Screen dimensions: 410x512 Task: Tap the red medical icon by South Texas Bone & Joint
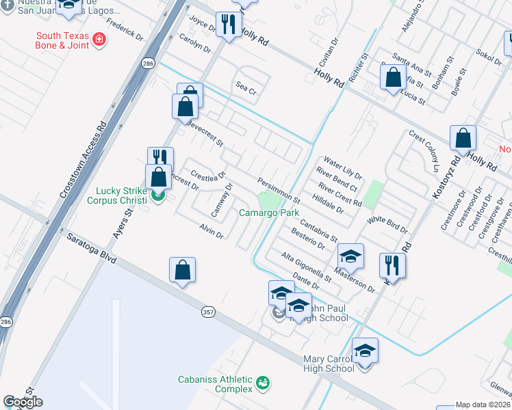point(100,40)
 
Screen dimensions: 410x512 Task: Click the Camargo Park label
point(269,213)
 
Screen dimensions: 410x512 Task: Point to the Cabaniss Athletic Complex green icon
point(262,383)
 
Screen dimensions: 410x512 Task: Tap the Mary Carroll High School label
point(329,364)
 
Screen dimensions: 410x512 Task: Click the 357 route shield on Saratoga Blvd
point(208,312)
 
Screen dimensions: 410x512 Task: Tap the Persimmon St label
point(279,191)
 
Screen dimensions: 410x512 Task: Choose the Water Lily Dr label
point(342,167)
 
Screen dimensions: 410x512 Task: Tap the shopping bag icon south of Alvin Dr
point(183,270)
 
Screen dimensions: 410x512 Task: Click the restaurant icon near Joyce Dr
point(229,25)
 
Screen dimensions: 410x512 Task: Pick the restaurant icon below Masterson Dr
point(392,264)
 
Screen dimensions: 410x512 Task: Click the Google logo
point(23,402)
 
